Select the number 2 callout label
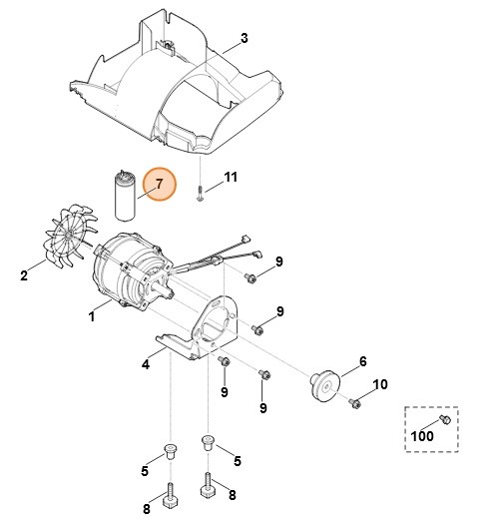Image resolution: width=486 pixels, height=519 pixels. pos(23,275)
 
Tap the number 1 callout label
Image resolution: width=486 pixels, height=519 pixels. pos(92,317)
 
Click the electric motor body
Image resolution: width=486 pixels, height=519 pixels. pos(130,269)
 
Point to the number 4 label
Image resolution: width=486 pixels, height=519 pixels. pos(146,364)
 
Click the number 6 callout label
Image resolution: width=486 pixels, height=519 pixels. pos(362,360)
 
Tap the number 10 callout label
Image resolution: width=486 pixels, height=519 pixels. pos(379,384)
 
